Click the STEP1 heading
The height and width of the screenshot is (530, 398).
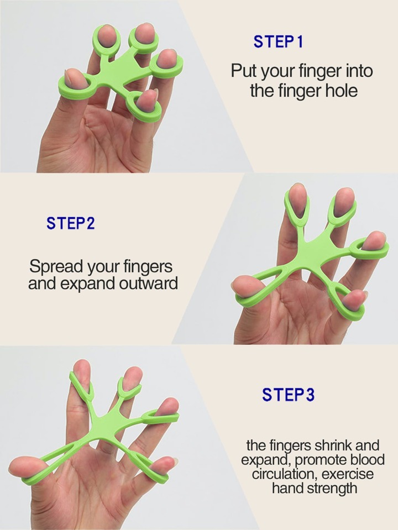click(278, 41)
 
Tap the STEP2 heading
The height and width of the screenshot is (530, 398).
click(71, 223)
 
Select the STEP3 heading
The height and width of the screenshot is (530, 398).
click(288, 395)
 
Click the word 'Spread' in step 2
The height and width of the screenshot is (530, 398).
click(57, 267)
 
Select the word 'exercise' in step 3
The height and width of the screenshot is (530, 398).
click(348, 474)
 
